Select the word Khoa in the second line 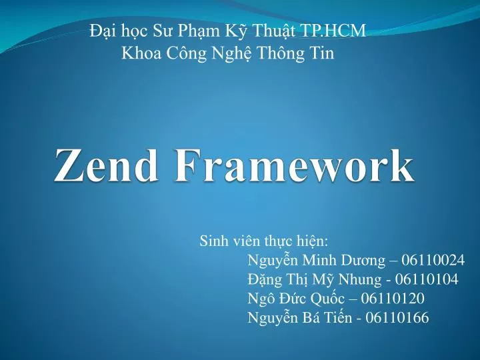pyautogui.click(x=138, y=53)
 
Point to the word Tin pyautogui.click(x=321, y=53)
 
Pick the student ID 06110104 pyautogui.click(x=426, y=279)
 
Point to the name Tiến pyautogui.click(x=338, y=317)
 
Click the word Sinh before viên pyautogui.click(x=214, y=240)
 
